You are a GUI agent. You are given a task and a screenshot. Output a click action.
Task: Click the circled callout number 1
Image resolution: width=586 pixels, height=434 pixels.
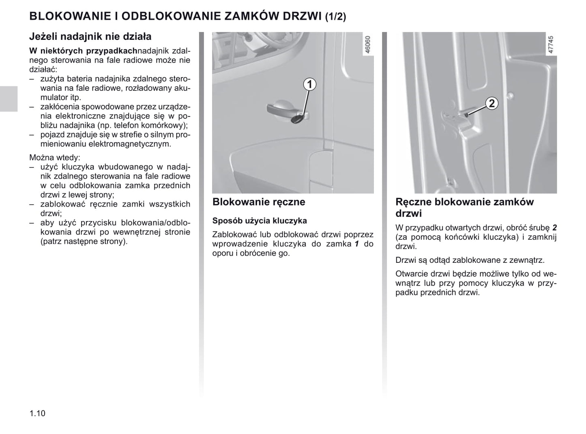(310, 84)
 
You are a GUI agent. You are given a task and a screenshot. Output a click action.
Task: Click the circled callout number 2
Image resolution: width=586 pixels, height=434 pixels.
(492, 103)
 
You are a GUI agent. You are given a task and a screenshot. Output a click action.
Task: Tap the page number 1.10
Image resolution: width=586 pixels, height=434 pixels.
(37, 413)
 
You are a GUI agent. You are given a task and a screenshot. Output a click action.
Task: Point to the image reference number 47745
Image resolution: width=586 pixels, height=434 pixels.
(550, 45)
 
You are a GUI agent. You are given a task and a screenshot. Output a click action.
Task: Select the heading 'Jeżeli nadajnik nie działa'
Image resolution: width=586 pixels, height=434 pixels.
(90, 37)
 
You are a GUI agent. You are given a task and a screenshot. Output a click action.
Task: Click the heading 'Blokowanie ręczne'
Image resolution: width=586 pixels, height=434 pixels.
(259, 202)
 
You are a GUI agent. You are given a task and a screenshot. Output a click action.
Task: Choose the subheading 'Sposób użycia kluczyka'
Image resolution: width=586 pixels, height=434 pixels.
(260, 221)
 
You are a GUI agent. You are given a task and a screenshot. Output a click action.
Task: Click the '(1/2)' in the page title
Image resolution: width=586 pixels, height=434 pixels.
(335, 17)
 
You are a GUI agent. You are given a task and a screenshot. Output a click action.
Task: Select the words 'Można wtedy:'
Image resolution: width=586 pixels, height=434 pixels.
(55, 157)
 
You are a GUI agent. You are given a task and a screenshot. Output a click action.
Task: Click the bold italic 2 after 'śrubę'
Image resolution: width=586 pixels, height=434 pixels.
(554, 228)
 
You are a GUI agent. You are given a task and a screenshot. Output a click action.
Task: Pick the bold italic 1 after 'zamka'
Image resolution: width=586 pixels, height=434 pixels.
(357, 244)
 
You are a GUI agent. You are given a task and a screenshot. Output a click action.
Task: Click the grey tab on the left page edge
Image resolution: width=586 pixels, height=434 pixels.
(9, 99)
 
